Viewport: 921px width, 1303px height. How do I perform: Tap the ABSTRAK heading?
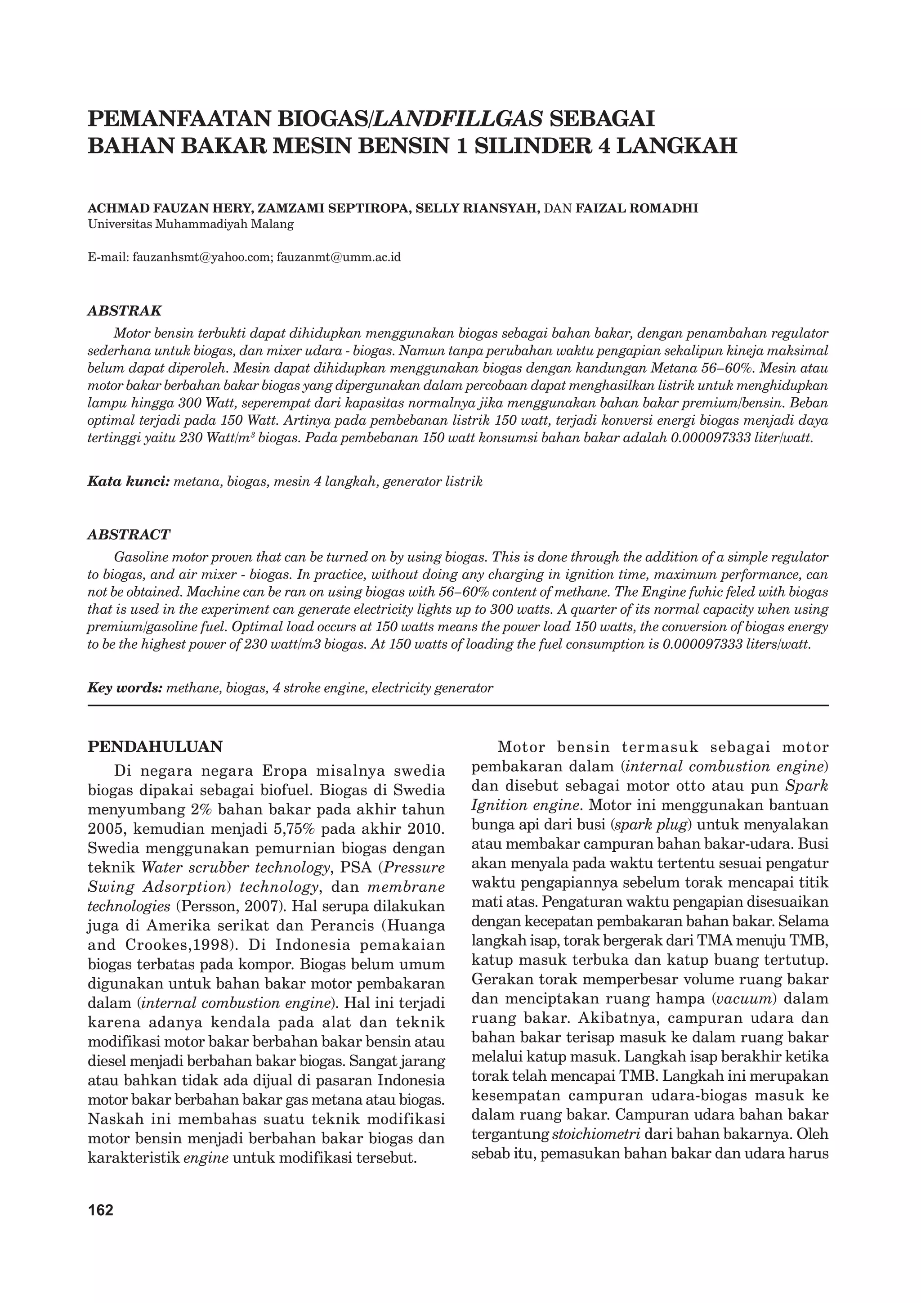coord(124,311)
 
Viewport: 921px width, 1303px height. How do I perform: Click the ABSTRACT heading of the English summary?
coord(128,535)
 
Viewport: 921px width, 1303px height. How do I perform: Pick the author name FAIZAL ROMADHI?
coord(636,208)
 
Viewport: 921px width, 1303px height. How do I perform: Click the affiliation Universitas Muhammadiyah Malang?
coord(191,224)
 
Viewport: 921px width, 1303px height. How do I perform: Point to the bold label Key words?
coord(125,688)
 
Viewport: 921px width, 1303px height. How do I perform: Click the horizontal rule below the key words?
coord(458,705)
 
